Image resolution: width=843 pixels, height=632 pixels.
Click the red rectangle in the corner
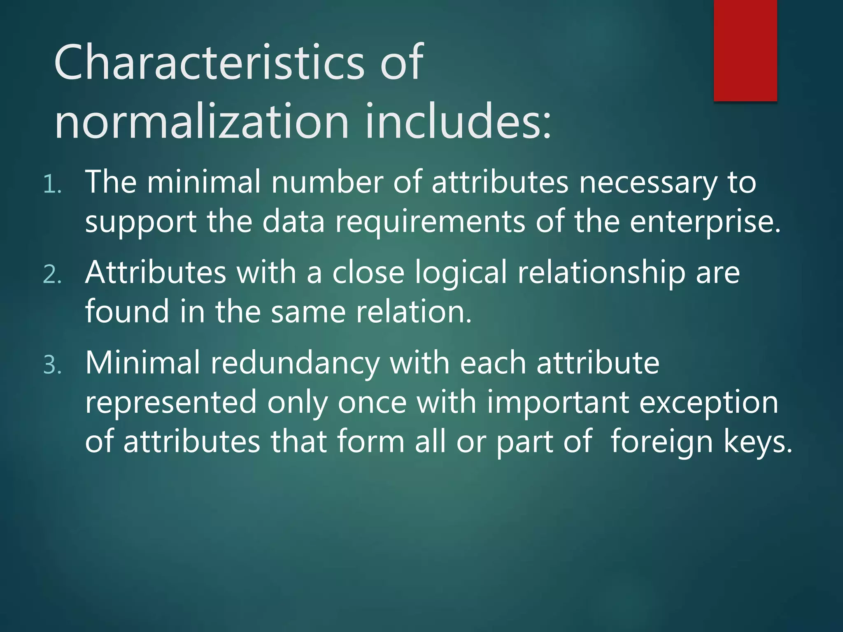(x=745, y=50)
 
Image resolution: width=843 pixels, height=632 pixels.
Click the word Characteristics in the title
(x=209, y=63)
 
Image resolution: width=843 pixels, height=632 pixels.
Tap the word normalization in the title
(x=202, y=122)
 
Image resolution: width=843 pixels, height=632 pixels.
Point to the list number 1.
(x=52, y=185)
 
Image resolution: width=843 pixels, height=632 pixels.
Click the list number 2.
(x=52, y=275)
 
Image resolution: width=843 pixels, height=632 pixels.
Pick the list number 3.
(x=52, y=365)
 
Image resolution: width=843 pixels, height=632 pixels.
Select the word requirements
(x=430, y=222)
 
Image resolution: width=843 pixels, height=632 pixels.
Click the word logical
(x=461, y=273)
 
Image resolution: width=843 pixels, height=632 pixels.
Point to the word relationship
(x=601, y=273)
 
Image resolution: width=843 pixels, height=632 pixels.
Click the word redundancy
(x=295, y=363)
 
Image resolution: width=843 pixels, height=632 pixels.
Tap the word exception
(x=708, y=403)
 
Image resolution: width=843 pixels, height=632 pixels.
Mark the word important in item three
(x=558, y=403)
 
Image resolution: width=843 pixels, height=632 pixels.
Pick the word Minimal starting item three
(x=142, y=363)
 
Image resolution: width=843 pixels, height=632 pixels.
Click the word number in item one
(x=327, y=182)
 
